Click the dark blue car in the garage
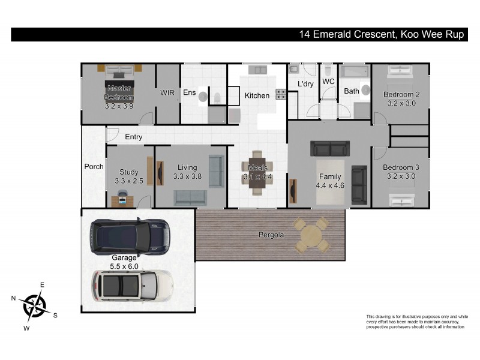[x=129, y=235]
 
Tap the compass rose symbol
[x=34, y=305]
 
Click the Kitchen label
[x=257, y=96]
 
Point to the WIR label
[x=167, y=93]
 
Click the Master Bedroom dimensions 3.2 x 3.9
[x=119, y=106]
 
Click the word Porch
[x=94, y=167]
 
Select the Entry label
[x=133, y=137]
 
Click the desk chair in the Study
[x=122, y=197]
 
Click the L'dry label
[x=305, y=85]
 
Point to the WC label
[x=328, y=81]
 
